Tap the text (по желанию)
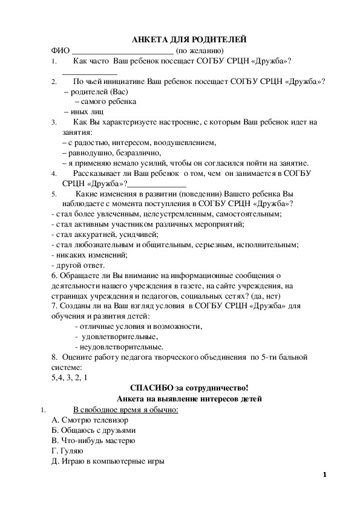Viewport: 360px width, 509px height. [x=200, y=50]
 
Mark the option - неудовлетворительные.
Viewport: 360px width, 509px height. [x=118, y=347]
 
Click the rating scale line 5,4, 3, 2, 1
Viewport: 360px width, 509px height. [x=70, y=378]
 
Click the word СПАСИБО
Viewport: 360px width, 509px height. [x=151, y=388]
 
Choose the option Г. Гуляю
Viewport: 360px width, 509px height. [x=67, y=450]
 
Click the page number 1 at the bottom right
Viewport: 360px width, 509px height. [x=324, y=475]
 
